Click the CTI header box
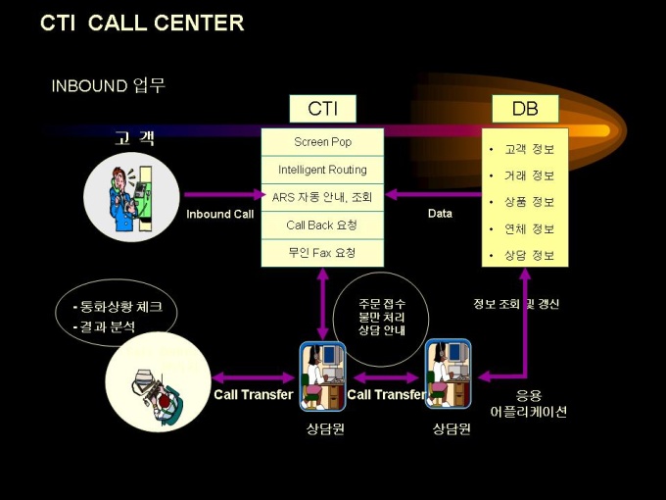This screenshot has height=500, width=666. (x=323, y=109)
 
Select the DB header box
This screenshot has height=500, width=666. (x=525, y=109)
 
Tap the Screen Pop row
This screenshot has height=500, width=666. (x=323, y=142)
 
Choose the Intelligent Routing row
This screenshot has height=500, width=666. (x=323, y=170)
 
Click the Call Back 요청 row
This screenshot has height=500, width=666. (x=323, y=225)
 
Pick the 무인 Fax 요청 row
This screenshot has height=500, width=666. (x=323, y=253)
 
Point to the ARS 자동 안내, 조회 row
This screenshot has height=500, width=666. (x=323, y=197)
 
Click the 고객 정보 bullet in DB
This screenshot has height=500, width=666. (x=529, y=150)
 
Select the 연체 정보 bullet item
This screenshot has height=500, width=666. (x=529, y=229)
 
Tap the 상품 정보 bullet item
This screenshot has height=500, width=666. (x=529, y=203)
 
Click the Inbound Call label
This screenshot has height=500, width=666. (x=220, y=214)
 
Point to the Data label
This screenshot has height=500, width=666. (x=441, y=214)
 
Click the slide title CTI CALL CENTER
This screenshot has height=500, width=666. (x=142, y=24)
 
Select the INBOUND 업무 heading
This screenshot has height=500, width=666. (x=109, y=85)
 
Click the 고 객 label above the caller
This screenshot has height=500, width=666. (x=135, y=139)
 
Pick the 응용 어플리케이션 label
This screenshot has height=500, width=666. (x=528, y=404)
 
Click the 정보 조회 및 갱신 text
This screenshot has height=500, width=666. (x=516, y=304)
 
